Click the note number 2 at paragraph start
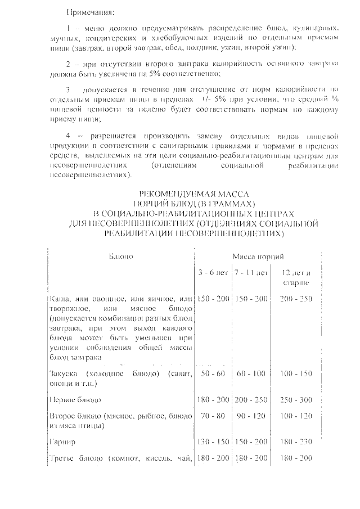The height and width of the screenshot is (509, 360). [x=68, y=64]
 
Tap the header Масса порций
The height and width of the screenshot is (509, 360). [x=254, y=256]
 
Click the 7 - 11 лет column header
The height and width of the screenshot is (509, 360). [x=251, y=273]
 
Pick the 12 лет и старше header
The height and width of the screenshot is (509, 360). [x=296, y=277]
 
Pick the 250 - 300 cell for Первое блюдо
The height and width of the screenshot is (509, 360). [x=296, y=400]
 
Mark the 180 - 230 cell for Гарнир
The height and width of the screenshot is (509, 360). [x=296, y=443]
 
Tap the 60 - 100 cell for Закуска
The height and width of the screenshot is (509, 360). [x=251, y=374]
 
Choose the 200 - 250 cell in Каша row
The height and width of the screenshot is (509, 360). [x=296, y=298]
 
